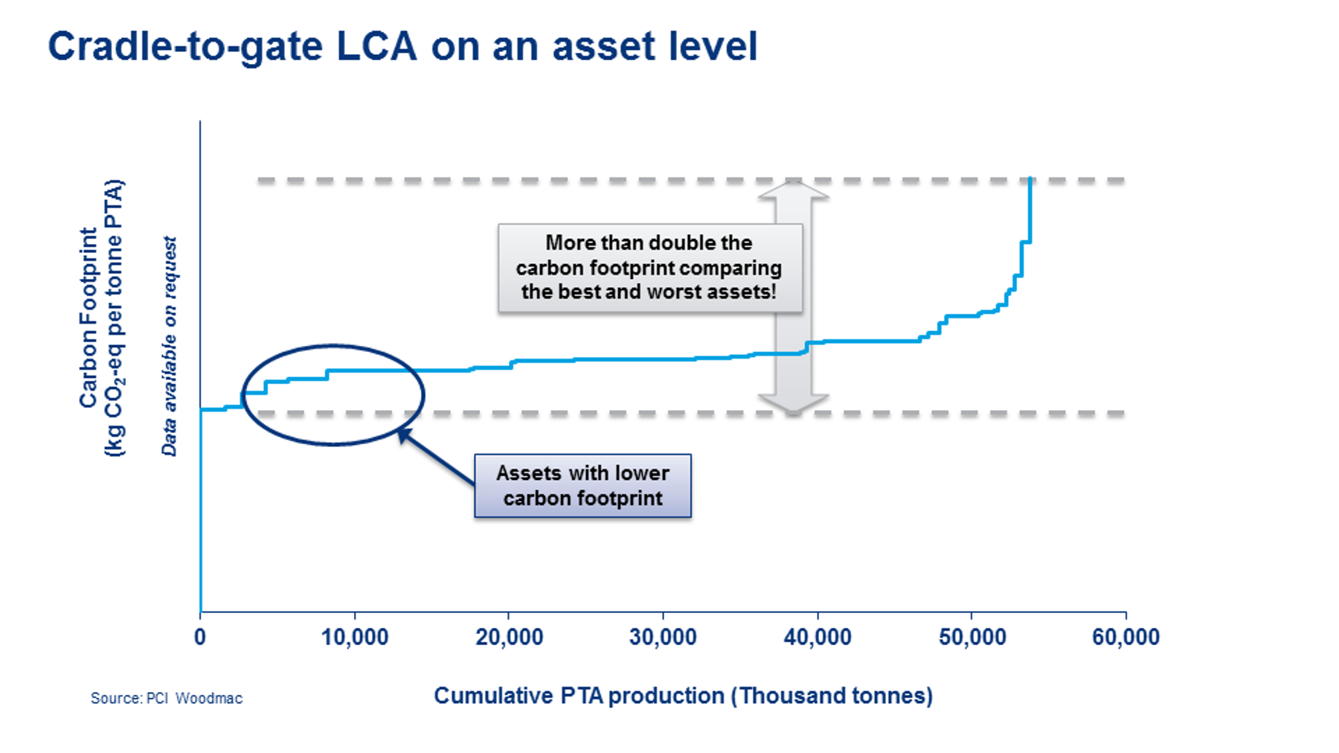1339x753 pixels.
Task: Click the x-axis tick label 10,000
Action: coord(355,638)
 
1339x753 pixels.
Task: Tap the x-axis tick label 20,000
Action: coord(509,638)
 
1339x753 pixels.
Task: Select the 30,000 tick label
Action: coord(663,638)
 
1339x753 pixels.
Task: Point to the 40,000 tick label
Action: coord(818,638)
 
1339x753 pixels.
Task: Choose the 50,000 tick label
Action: coord(972,638)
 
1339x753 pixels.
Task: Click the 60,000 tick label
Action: coord(1126,638)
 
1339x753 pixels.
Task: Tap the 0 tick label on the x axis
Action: coord(200,638)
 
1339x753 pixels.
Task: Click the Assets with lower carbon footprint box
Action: coord(582,486)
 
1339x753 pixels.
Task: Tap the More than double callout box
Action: coord(649,267)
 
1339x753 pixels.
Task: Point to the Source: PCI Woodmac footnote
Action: coord(167,698)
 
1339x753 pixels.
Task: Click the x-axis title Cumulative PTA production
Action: coord(683,696)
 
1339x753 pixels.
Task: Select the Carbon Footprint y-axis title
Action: coord(101,318)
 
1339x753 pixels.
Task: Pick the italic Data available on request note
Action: coord(170,346)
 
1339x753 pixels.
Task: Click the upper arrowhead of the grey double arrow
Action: coord(793,190)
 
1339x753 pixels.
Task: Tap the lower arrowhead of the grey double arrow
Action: coord(793,403)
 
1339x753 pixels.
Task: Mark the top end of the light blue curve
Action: coord(1030,179)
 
